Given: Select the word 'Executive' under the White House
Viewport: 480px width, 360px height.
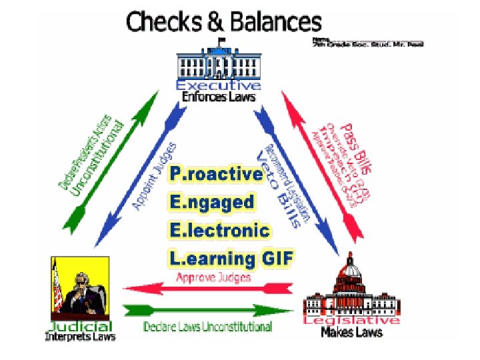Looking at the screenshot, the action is click(218, 85).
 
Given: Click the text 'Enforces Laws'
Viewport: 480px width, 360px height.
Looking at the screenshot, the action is click(218, 97).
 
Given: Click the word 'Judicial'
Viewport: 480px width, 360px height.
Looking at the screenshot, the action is click(80, 327).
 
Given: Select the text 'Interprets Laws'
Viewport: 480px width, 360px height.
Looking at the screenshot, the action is click(80, 337).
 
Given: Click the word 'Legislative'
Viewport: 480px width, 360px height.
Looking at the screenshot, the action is click(351, 321).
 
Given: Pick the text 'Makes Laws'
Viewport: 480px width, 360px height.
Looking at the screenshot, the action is click(351, 332).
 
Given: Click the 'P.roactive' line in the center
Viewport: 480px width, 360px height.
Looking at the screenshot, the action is click(216, 175).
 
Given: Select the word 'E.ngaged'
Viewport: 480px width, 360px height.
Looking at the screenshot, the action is click(211, 202).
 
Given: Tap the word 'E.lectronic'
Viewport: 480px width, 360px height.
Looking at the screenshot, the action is click(219, 231).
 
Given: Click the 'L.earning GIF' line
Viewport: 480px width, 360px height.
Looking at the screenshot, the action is click(231, 259).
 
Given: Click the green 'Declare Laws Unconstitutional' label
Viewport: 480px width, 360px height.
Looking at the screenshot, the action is click(208, 327).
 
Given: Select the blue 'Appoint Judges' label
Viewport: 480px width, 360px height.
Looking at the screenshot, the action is click(155, 176).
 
